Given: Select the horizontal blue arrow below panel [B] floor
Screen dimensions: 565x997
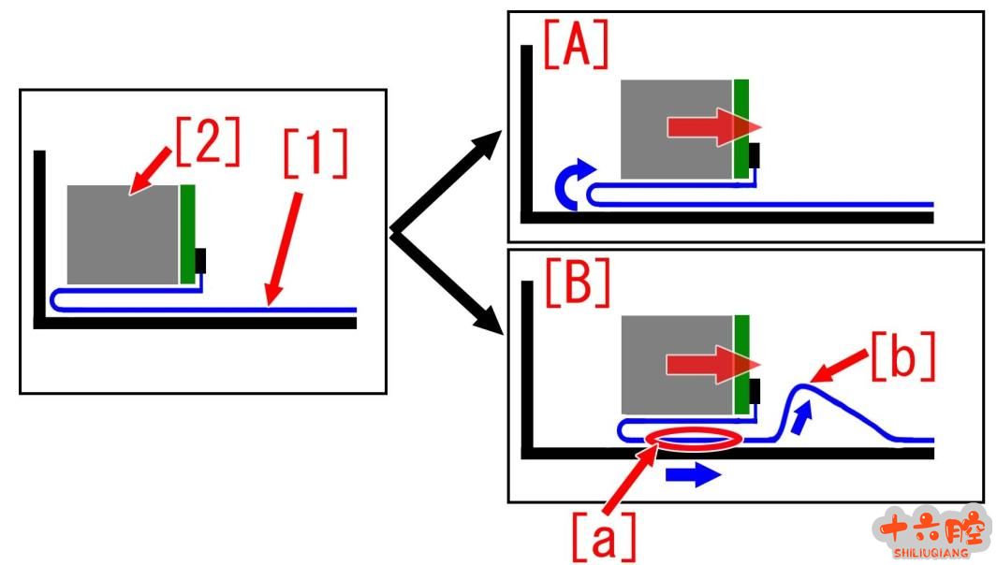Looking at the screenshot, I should click(693, 475).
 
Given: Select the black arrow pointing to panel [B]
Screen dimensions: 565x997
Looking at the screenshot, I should click(447, 282).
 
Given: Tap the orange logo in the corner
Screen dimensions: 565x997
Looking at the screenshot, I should click(931, 533).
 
